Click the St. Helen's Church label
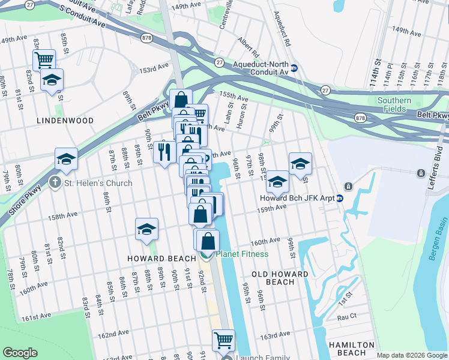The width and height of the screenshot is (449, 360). (98, 182)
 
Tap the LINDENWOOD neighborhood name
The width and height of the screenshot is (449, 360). (65, 121)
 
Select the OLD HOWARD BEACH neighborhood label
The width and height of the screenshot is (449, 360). (280, 278)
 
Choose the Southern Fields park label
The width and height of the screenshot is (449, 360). (394, 105)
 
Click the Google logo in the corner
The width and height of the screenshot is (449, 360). (20, 353)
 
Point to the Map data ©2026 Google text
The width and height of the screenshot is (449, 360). (411, 355)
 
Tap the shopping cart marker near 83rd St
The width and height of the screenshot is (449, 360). (44, 59)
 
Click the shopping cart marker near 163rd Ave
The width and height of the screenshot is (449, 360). (223, 340)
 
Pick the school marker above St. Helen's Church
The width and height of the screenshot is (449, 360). (66, 159)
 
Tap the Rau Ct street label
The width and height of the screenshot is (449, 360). (347, 316)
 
